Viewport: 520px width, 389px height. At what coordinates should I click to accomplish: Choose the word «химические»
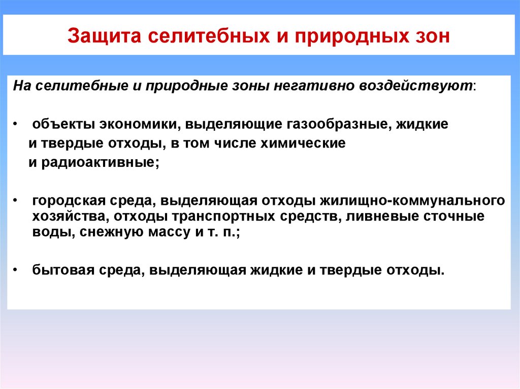(x=303, y=144)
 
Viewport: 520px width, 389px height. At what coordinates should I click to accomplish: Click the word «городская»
(x=66, y=201)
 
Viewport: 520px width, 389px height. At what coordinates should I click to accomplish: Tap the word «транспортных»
(x=225, y=217)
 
